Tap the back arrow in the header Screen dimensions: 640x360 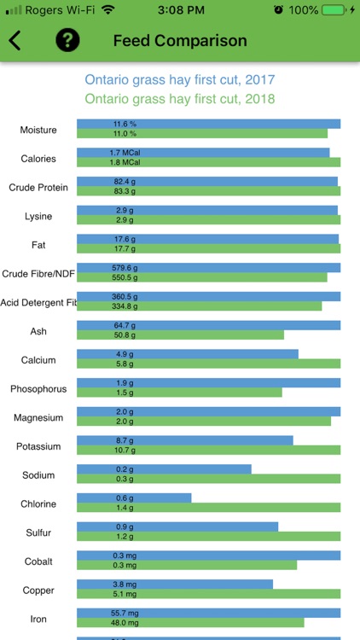(15, 40)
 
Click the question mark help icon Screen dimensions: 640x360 (67, 40)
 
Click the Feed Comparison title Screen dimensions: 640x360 (180, 41)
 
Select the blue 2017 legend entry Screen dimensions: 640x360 (180, 80)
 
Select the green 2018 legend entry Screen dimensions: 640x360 (180, 99)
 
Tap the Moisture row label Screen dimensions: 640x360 (38, 130)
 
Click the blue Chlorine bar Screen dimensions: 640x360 (134, 497)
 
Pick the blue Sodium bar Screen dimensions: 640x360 (164, 468)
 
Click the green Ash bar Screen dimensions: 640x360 (180, 335)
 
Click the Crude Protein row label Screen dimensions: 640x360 (38, 187)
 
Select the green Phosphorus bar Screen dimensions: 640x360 (179, 393)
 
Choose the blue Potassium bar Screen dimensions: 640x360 (184, 440)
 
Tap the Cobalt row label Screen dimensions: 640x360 (38, 561)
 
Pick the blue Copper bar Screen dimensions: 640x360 (175, 584)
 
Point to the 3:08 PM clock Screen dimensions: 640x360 (179, 9)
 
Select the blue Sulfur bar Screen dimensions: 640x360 (177, 527)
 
